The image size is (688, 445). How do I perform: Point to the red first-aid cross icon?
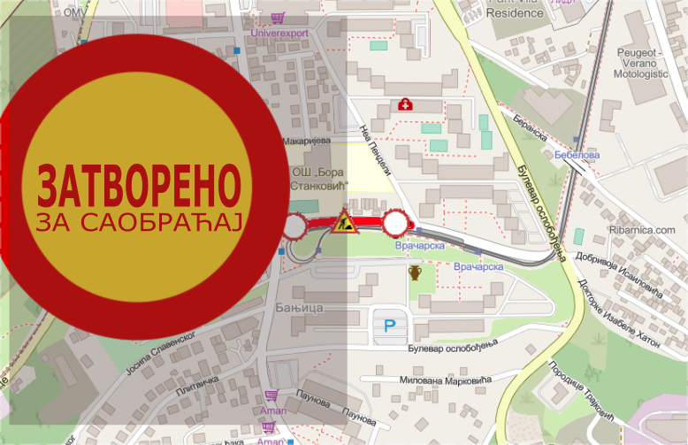(406, 104)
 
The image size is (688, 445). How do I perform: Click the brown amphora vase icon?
(415, 272)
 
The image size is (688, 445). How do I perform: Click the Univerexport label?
(280, 33)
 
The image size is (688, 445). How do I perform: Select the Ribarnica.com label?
(642, 230)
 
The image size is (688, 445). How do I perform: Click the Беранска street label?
(530, 129)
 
